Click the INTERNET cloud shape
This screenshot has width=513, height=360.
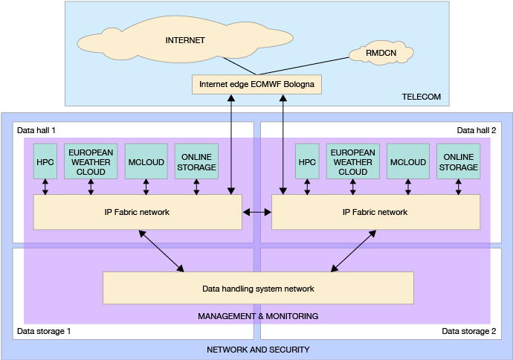(185, 40)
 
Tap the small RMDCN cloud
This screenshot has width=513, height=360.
(381, 54)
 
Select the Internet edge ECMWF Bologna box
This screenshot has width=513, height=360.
(256, 84)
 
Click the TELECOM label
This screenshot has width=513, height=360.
(421, 97)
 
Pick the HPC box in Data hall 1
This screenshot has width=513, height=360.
(45, 162)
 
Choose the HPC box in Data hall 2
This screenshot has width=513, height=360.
(307, 162)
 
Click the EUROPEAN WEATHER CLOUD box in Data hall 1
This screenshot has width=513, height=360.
(91, 161)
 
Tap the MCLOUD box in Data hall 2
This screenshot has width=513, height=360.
(407, 162)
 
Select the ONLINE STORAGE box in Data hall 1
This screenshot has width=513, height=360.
(197, 161)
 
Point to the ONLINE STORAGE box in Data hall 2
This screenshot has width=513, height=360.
(458, 161)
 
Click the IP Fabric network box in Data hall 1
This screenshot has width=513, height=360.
(138, 212)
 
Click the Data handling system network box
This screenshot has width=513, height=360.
(257, 289)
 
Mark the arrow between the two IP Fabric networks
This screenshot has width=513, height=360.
(257, 213)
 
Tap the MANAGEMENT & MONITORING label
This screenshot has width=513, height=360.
(257, 316)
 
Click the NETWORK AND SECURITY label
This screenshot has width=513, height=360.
(257, 350)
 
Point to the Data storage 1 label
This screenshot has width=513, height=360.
(44, 330)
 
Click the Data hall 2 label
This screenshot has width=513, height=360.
(476, 130)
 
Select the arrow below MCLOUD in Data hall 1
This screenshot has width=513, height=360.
(146, 187)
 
